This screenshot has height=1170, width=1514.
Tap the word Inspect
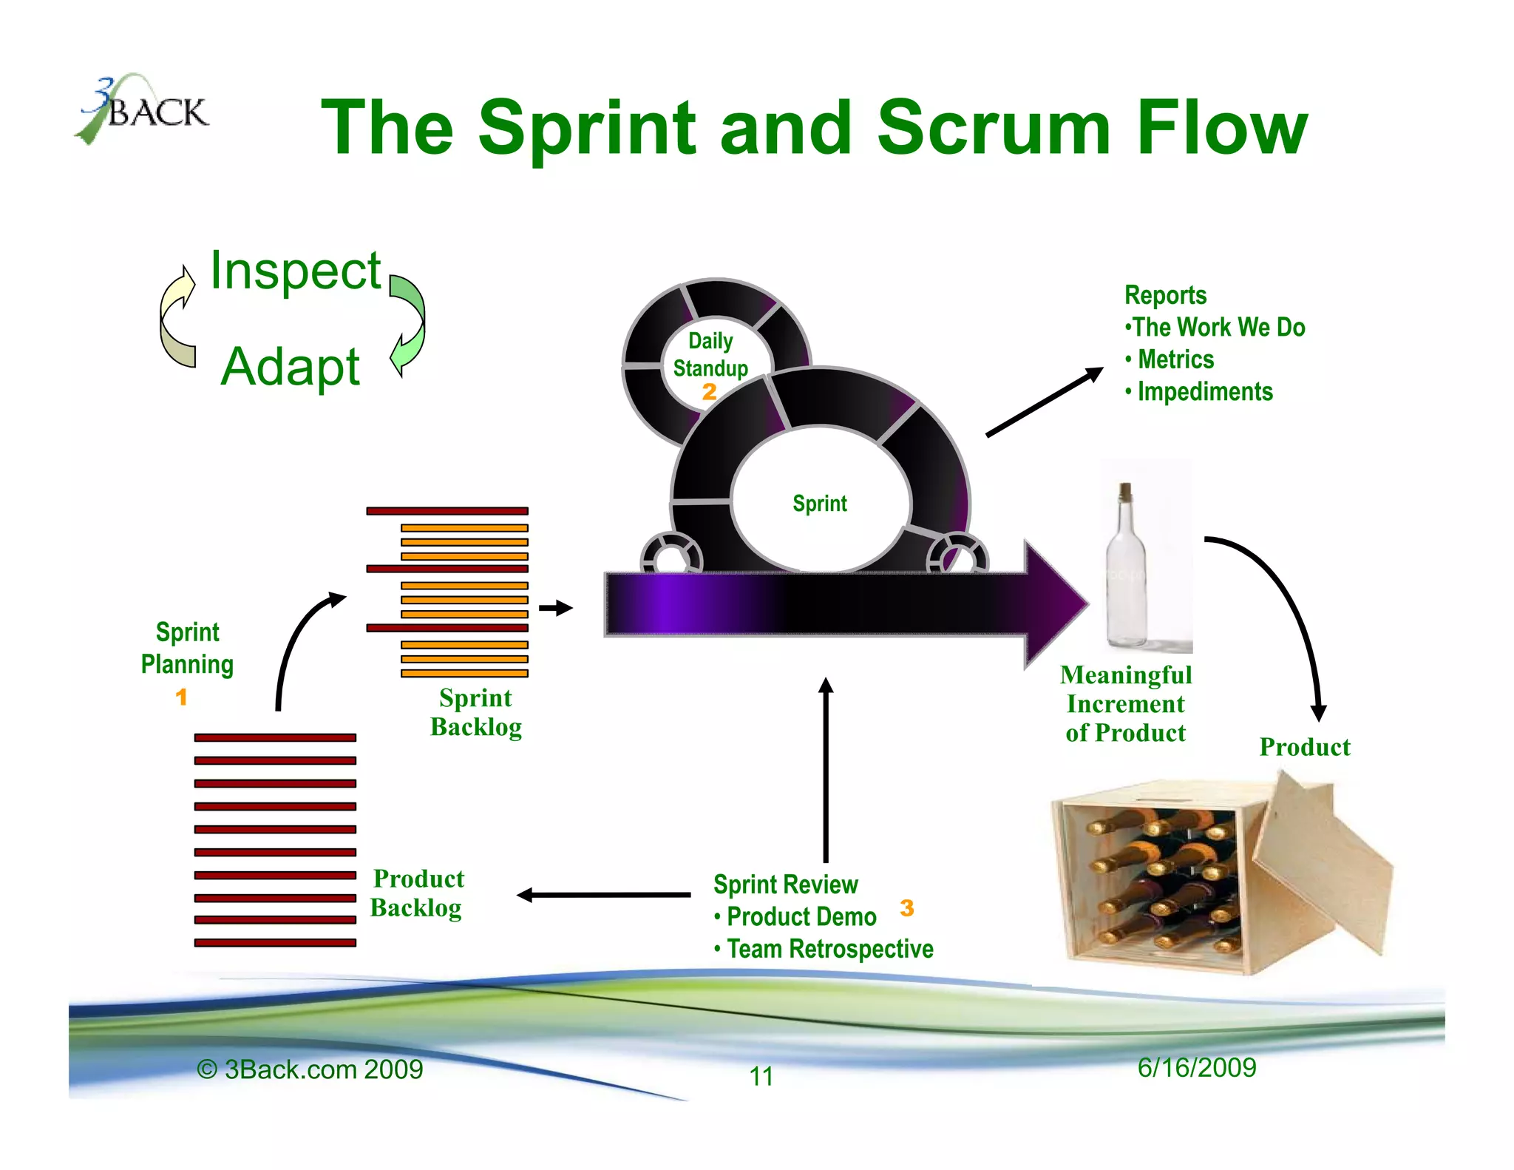[x=295, y=271]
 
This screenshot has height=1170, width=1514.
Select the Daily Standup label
[x=710, y=354]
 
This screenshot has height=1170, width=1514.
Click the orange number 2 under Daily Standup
[x=709, y=392]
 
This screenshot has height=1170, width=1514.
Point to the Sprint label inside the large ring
[x=819, y=504]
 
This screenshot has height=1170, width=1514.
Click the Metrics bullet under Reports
[x=1175, y=359]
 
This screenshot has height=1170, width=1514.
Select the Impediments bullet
[x=1204, y=392]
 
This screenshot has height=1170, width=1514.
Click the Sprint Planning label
[x=187, y=648]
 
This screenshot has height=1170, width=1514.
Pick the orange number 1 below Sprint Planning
[x=181, y=697]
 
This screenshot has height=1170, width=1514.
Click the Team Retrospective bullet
[x=829, y=949]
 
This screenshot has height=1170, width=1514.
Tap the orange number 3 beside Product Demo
[x=907, y=908]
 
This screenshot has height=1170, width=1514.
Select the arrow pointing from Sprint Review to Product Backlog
[x=602, y=895]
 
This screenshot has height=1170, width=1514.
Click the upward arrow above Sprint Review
[x=826, y=769]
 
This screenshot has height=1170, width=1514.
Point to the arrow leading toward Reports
[x=1043, y=404]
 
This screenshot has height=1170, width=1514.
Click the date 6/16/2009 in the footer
[x=1196, y=1067]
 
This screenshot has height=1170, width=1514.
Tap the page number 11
[x=761, y=1076]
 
